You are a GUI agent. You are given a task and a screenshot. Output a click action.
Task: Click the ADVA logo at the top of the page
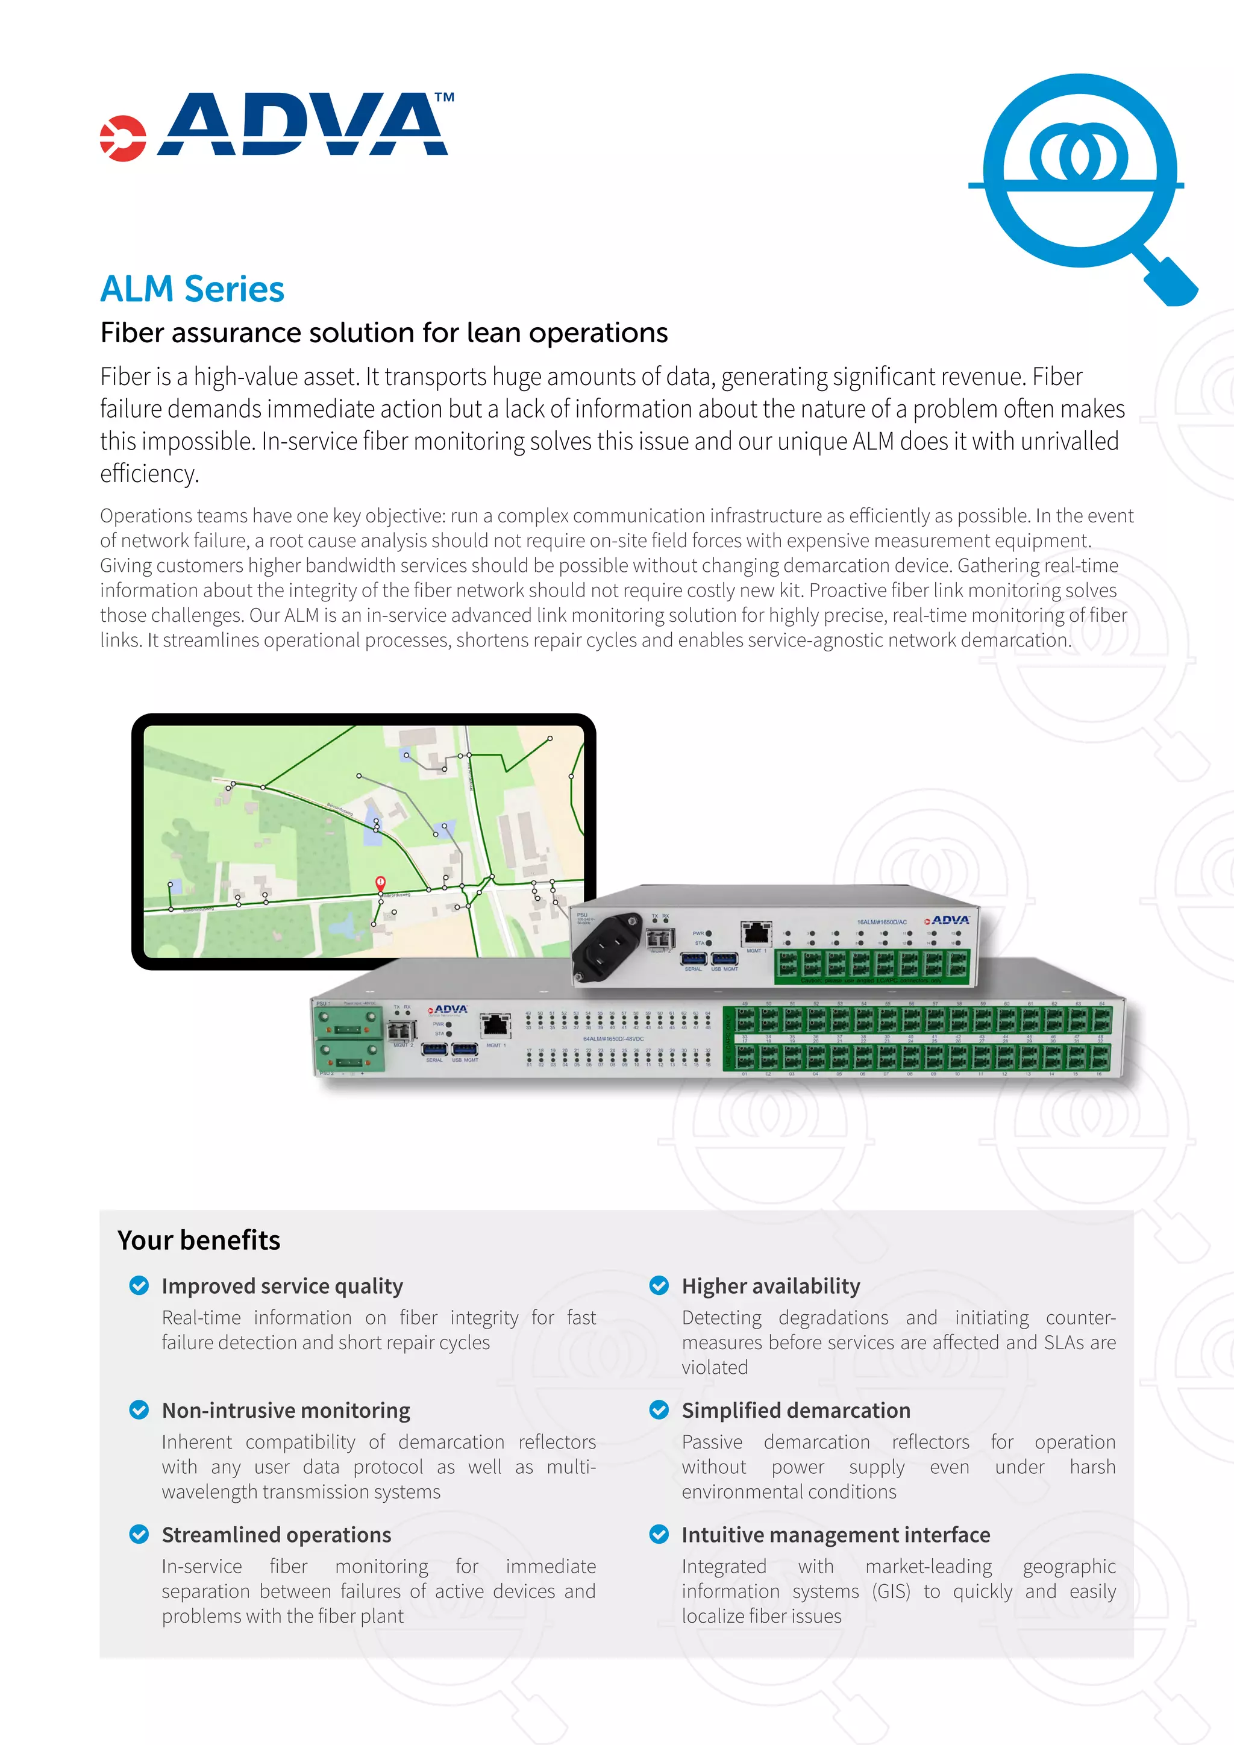click(277, 126)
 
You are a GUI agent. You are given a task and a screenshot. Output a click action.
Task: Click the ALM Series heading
click(192, 290)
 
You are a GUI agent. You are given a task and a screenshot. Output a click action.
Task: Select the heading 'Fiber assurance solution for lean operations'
click(384, 333)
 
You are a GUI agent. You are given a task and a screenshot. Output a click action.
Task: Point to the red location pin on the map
click(381, 883)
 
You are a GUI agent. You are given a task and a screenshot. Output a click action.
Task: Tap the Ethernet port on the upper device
click(756, 933)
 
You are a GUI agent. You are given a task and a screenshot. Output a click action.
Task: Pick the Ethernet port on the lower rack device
click(495, 1026)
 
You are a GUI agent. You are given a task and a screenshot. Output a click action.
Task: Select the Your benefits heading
click(199, 1240)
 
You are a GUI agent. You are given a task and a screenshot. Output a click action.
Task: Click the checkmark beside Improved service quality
click(139, 1286)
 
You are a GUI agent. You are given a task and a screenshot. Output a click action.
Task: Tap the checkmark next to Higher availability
click(659, 1286)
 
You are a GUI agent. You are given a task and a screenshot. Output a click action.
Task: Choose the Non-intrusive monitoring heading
click(286, 1411)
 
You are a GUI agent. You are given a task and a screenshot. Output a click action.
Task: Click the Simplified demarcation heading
click(795, 1411)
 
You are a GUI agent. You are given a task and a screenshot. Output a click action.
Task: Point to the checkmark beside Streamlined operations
click(139, 1535)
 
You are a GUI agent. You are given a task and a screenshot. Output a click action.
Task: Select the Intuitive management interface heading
click(836, 1535)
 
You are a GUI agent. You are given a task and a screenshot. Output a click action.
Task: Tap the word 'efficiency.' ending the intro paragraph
click(149, 474)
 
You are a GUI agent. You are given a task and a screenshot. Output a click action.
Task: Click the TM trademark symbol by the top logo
click(445, 97)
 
